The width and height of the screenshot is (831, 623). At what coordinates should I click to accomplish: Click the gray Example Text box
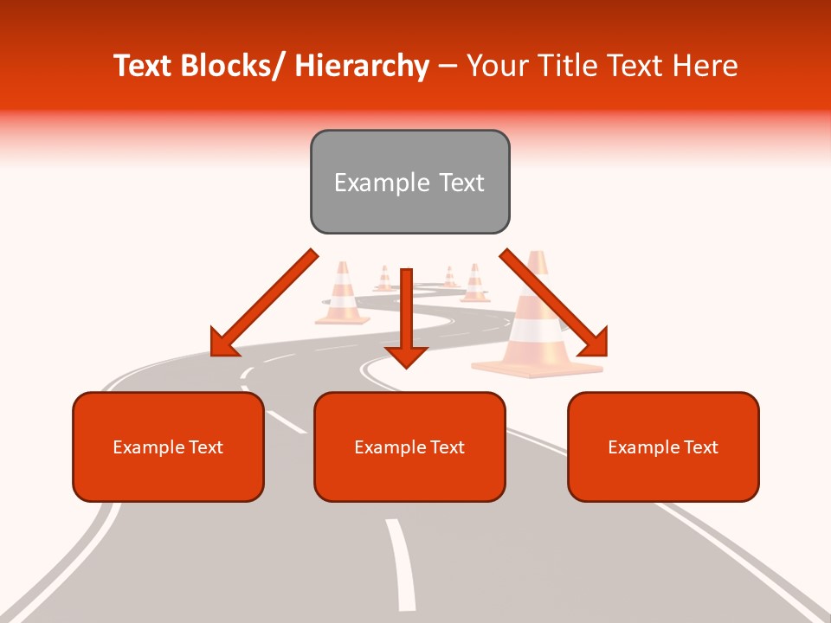(409, 182)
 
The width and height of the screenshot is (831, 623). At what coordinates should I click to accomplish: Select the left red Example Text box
(168, 446)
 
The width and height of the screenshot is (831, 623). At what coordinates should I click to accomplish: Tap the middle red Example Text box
(409, 446)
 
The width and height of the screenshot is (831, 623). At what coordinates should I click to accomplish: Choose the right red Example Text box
(663, 446)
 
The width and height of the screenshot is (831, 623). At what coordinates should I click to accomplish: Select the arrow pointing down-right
(554, 303)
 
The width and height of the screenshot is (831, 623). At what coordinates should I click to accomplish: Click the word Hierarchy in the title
(362, 66)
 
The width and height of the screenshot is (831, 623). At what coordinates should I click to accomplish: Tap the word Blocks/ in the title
(238, 66)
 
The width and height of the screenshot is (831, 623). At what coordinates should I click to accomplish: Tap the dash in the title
(448, 66)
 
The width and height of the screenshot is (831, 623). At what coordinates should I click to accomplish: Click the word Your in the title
(495, 66)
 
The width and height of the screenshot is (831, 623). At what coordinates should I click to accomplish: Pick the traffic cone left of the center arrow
(343, 294)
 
